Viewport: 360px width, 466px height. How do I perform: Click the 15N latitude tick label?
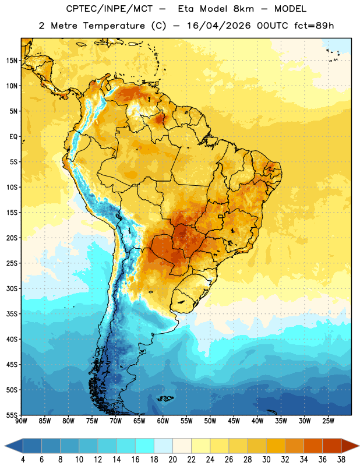click(12, 61)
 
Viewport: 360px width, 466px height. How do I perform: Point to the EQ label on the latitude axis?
click(13, 137)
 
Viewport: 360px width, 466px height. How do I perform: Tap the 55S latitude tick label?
click(12, 415)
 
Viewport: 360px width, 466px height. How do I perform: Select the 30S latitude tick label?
click(12, 288)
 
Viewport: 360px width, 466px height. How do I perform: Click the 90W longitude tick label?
click(21, 421)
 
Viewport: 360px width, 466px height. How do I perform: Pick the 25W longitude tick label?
click(328, 421)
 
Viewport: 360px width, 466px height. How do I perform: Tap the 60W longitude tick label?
click(163, 421)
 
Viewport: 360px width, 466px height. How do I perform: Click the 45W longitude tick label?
click(234, 421)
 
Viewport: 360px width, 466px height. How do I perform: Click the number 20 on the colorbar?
click(172, 460)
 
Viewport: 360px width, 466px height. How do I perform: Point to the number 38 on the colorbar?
click(341, 460)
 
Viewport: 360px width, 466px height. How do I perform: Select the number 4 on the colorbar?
click(23, 460)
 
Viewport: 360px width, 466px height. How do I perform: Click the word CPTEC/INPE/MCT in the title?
click(110, 9)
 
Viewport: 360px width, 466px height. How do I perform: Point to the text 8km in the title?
click(243, 9)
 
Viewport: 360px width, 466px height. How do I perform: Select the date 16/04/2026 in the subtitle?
click(219, 26)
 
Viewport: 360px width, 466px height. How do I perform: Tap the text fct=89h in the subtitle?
click(314, 26)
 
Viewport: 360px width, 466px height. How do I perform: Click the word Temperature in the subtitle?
click(114, 26)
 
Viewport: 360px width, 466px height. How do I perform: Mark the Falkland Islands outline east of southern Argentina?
click(165, 398)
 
